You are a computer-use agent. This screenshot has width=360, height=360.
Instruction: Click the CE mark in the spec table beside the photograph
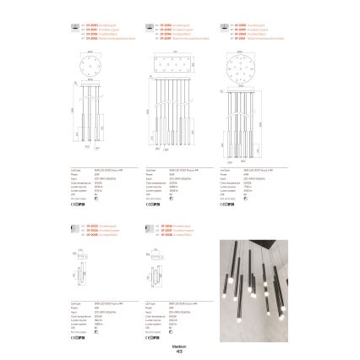tap(155, 335)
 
